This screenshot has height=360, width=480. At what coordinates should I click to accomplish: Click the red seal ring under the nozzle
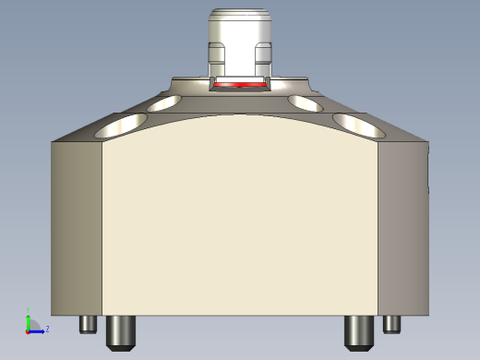click(240, 84)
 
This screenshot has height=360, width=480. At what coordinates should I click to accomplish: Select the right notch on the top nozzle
click(263, 55)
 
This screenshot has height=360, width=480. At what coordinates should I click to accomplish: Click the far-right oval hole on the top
click(359, 124)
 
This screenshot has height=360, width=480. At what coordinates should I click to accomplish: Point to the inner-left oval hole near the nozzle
click(165, 102)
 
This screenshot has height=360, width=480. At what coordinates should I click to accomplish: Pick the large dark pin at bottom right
click(357, 331)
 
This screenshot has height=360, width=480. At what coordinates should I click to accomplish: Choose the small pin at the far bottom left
click(89, 324)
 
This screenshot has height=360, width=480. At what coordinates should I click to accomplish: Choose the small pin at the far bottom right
click(392, 324)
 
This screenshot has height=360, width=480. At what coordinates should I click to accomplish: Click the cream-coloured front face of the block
click(240, 222)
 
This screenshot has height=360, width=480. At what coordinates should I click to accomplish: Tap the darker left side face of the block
click(77, 226)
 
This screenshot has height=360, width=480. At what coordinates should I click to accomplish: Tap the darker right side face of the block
click(402, 226)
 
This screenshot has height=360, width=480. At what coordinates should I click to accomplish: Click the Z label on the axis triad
click(47, 329)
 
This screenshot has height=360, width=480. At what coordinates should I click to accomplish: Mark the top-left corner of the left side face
click(53, 142)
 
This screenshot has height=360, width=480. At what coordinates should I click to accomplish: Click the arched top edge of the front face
click(240, 115)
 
